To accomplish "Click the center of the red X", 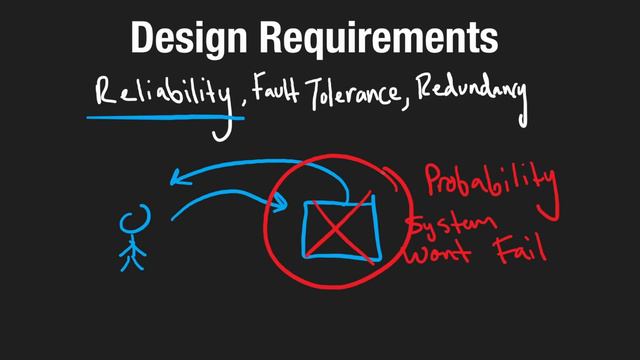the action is point(340,229).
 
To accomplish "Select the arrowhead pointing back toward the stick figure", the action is point(179,179).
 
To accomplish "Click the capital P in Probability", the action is point(433,180).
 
